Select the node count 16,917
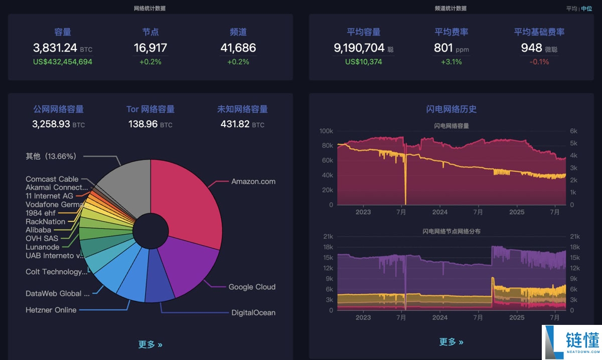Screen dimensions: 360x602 tap(150, 48)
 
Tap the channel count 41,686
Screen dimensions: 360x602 tap(238, 48)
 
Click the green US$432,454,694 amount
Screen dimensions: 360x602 tap(63, 62)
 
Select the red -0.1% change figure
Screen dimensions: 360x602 tap(539, 62)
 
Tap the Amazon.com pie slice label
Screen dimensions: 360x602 tap(253, 182)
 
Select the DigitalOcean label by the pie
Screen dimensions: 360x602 tap(253, 312)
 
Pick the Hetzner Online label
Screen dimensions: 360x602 tap(51, 310)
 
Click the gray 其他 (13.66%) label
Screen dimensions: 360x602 tap(51, 156)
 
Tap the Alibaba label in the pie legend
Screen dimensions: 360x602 tap(38, 230)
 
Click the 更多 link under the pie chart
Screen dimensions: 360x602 tap(150, 344)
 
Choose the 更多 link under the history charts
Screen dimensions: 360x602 tap(451, 341)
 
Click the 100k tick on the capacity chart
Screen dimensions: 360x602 tap(326, 131)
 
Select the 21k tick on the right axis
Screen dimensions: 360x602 tap(574, 237)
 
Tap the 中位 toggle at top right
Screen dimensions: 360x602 tap(586, 9)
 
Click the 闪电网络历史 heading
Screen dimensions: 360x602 tap(451, 109)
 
